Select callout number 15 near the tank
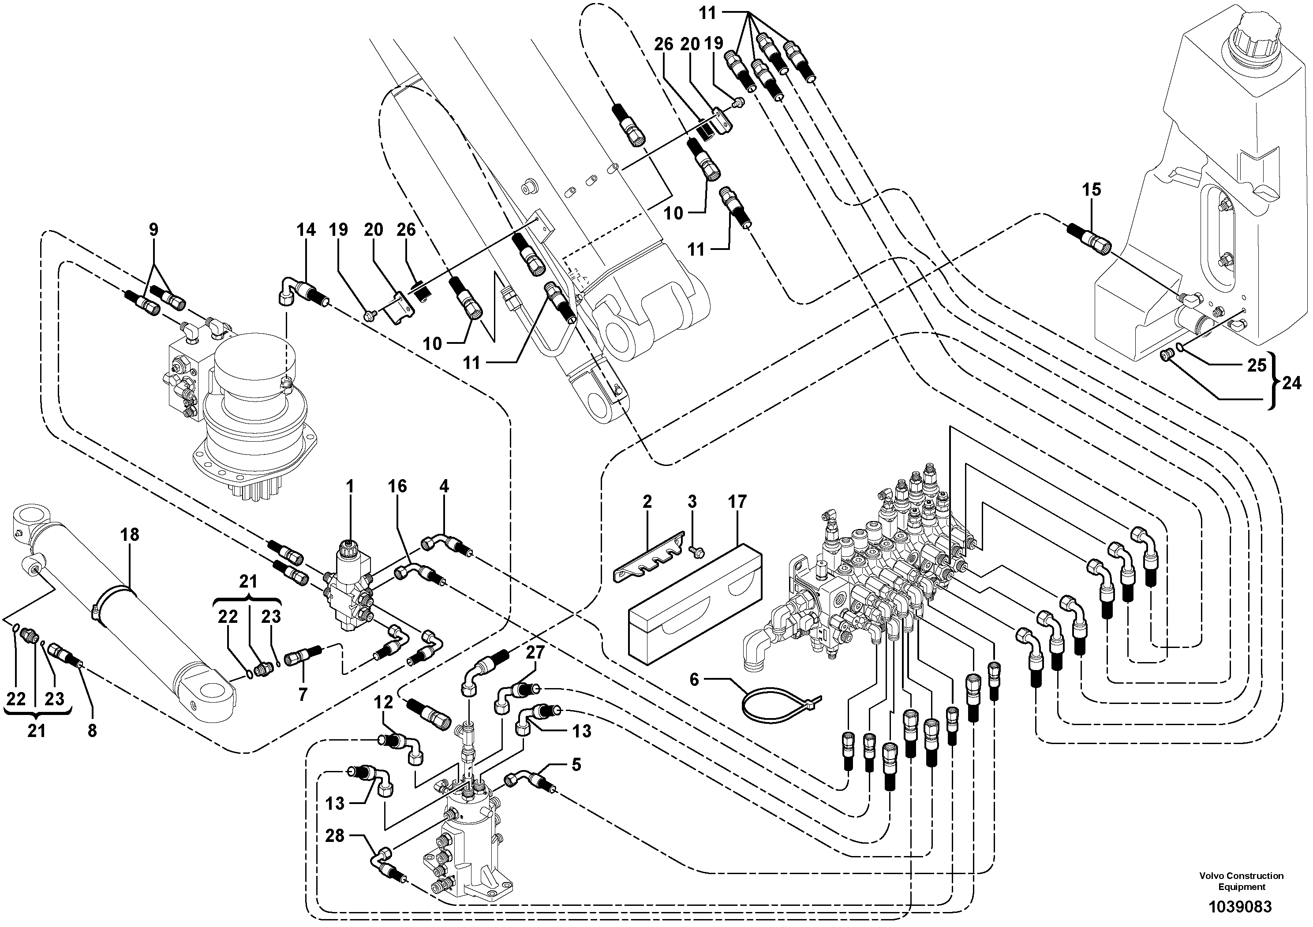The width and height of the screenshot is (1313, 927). point(1091,190)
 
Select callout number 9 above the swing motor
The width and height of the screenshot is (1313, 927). point(153,230)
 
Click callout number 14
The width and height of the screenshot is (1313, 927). point(306,230)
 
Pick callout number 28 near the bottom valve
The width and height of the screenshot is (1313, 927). point(335,836)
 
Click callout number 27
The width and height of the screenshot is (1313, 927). point(536,653)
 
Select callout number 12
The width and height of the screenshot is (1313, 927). point(384,702)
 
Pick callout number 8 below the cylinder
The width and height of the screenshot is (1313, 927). point(92,730)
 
